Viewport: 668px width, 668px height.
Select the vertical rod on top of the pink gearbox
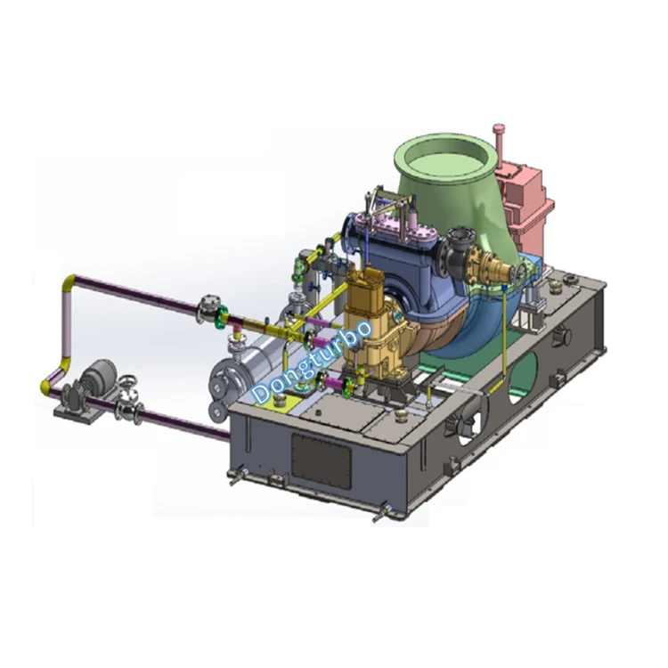pos(501,143)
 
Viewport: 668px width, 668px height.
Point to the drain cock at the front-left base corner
pos(236,477)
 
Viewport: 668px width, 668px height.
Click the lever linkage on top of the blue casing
pos(392,205)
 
